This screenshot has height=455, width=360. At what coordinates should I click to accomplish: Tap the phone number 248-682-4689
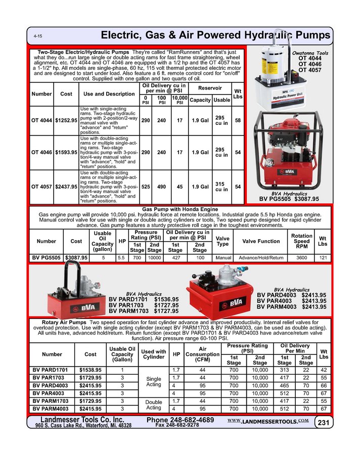[180, 420]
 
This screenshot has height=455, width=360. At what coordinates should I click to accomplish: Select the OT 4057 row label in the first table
[41, 187]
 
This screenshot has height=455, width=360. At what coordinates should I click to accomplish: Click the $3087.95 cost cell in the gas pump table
[76, 257]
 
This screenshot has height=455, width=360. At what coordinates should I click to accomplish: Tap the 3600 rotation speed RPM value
[302, 257]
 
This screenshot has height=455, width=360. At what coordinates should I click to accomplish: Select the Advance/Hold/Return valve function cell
[261, 257]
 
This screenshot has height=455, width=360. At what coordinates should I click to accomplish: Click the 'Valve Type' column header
[222, 241]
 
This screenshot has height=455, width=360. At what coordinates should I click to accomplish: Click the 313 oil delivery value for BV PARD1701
[285, 370]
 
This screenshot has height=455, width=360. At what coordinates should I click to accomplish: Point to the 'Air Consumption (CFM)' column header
[204, 354]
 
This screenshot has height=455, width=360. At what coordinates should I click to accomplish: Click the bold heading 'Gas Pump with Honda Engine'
[180, 209]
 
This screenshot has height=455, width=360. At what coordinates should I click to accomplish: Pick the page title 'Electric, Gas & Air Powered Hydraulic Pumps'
[216, 35]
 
